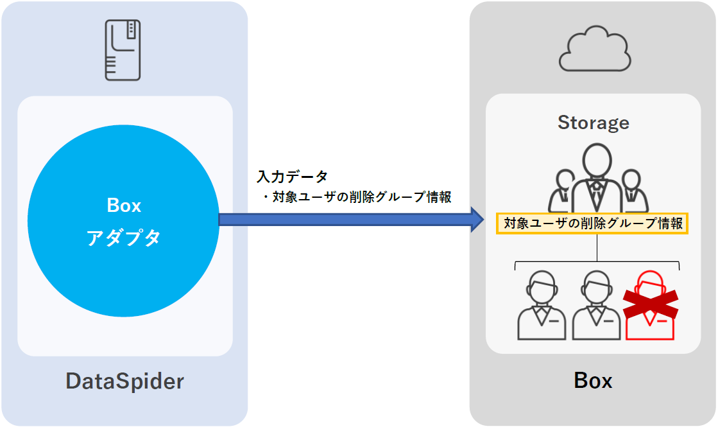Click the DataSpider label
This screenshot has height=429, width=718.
124,381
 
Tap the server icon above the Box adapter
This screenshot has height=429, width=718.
123,49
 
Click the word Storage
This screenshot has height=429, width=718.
593,122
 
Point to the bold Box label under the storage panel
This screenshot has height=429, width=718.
593,381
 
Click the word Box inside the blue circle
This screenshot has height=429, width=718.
123,206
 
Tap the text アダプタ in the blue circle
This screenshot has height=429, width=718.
123,238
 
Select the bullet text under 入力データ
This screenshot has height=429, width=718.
357,197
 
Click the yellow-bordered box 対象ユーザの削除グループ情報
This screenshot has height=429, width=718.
593,224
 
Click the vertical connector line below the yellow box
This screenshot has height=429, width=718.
597,248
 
